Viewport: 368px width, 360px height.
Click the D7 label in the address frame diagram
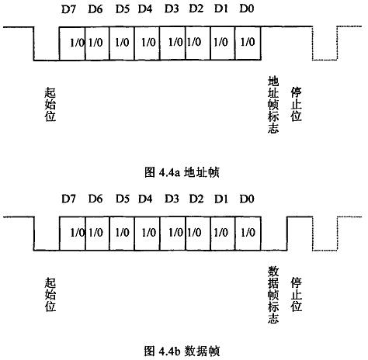point(68,9)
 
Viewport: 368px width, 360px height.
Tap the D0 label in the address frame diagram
point(247,9)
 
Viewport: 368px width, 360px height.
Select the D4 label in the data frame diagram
point(145,199)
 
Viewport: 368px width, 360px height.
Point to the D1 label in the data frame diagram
point(221,199)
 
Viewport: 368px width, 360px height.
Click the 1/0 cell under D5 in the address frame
point(122,43)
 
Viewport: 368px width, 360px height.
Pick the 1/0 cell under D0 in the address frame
point(248,43)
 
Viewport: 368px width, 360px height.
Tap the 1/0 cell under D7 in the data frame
point(72,234)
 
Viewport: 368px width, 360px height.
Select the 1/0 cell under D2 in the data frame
point(198,234)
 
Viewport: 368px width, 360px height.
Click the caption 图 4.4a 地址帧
point(182,172)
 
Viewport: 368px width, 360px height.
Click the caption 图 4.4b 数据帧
point(182,351)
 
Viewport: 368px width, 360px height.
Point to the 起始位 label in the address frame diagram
point(50,104)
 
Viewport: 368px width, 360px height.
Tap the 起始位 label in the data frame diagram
point(50,294)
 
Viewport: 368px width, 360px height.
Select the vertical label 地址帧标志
point(273,105)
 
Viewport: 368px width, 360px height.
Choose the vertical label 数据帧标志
point(273,295)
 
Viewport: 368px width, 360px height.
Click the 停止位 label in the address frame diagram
point(296,104)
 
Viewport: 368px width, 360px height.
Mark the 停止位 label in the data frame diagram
point(296,294)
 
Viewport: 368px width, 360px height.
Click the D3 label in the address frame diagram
point(172,9)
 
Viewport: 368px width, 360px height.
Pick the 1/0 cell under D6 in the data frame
point(97,234)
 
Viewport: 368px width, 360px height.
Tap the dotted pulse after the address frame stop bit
point(325,60)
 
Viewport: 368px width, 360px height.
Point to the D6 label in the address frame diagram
point(95,9)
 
